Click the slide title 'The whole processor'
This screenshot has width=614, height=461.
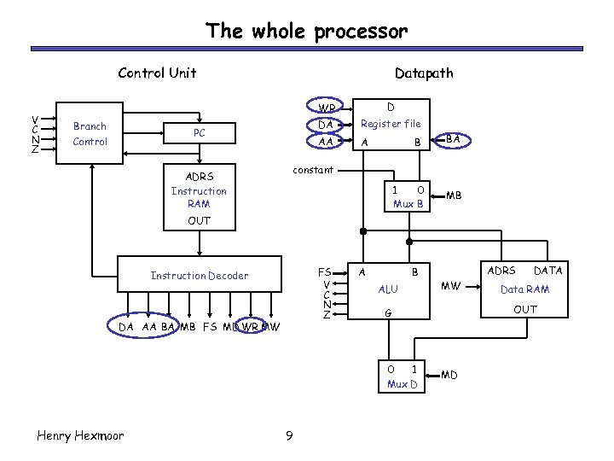coord(306,32)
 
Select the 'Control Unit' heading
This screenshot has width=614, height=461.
coord(157,73)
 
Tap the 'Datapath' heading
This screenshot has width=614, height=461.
coord(424,73)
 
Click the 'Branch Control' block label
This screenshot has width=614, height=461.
coord(90,133)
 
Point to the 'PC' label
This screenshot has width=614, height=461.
coord(199,133)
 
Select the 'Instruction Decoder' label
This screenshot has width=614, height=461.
coord(200,275)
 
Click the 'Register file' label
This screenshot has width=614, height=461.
coord(391,124)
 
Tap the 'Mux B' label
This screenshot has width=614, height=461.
coord(408,204)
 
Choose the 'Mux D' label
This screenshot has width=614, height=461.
coord(402,383)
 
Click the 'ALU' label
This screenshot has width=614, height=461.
coord(388,289)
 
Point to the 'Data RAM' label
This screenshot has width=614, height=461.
coord(524,289)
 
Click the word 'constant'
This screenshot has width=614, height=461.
coord(313,170)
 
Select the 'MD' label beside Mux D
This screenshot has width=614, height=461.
coord(449,375)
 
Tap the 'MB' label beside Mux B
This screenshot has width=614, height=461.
coord(454,195)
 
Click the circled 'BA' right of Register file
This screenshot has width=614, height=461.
coord(454,138)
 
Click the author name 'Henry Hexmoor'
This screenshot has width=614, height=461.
coord(80,435)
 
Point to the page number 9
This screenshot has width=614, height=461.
coord(289,437)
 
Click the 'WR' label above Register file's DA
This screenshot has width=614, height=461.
coord(326,108)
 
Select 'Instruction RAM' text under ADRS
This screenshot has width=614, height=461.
coord(199,197)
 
